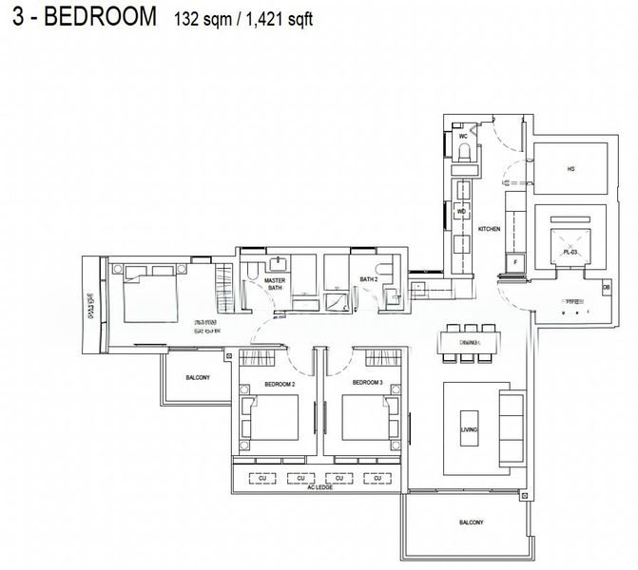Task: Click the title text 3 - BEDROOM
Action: [80, 20]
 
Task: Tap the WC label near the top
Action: [464, 137]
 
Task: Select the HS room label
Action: [570, 169]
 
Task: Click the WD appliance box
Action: [462, 211]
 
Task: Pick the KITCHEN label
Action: [489, 230]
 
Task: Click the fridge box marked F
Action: [515, 261]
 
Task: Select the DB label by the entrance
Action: [606, 288]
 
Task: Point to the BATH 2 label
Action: [368, 279]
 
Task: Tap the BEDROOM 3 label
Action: [366, 382]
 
